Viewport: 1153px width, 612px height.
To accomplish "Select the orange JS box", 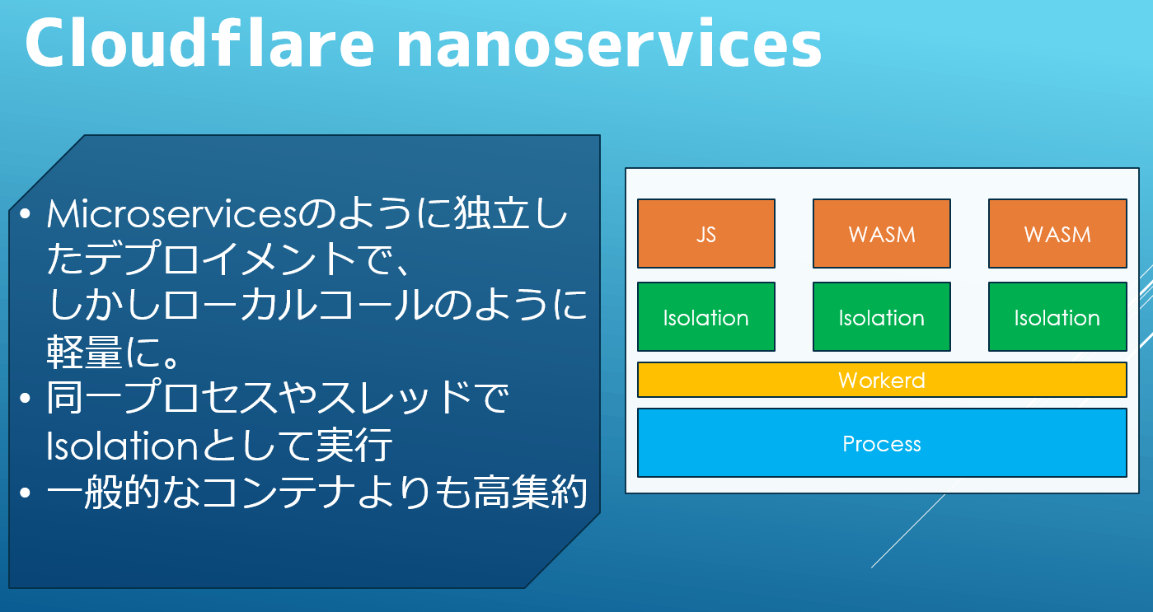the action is click(x=706, y=233).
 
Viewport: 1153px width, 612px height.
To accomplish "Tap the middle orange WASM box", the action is click(x=882, y=233).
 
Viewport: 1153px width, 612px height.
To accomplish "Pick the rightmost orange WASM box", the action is click(x=1057, y=233).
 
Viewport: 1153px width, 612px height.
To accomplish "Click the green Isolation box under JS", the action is click(x=706, y=317).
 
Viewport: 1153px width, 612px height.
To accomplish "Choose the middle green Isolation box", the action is click(x=882, y=317).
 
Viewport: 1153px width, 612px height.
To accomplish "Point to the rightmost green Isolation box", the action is click(x=1057, y=317).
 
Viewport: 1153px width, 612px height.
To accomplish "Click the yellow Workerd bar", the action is click(x=882, y=380).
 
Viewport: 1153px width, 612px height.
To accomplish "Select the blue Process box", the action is click(x=882, y=443).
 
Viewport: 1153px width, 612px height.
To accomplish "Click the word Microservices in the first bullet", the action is click(x=172, y=214).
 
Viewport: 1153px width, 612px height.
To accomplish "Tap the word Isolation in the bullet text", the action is click(x=122, y=446).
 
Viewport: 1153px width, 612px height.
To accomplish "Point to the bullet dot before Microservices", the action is click(x=26, y=214).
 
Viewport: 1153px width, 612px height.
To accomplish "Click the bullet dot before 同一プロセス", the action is click(x=26, y=398).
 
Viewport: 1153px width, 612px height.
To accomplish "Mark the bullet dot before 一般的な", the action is click(x=26, y=493).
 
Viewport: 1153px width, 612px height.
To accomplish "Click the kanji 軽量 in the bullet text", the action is click(x=84, y=352).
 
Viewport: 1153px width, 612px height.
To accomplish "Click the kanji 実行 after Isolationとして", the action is click(x=354, y=445).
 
